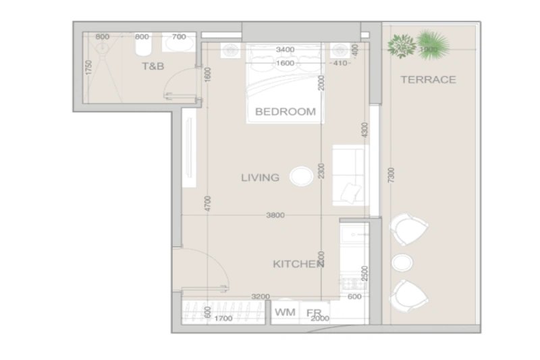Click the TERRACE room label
pos(428,80)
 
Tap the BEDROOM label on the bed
pos(284,112)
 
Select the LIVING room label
pos(260,178)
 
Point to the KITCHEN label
pos(298,263)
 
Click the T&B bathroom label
pos(153,66)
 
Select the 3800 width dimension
pos(275,215)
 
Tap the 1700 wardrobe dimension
pos(223,318)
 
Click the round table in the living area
pos(300,177)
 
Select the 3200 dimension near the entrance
pos(261,296)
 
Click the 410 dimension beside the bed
pos(339,63)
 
